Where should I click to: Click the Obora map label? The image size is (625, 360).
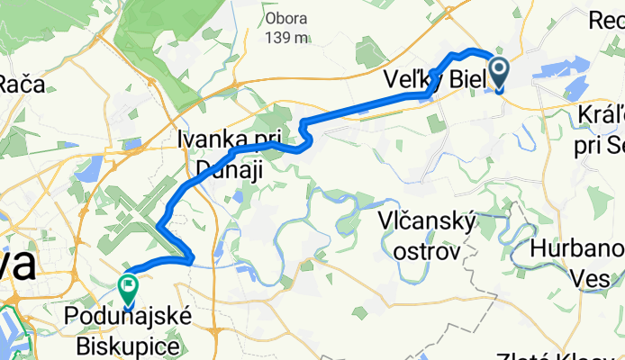(x=285, y=17)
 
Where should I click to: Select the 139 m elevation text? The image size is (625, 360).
(x=287, y=37)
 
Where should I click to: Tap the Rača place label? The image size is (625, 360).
(x=20, y=85)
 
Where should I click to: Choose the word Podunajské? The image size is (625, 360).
(x=122, y=318)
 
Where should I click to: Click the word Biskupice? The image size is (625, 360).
(x=122, y=344)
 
